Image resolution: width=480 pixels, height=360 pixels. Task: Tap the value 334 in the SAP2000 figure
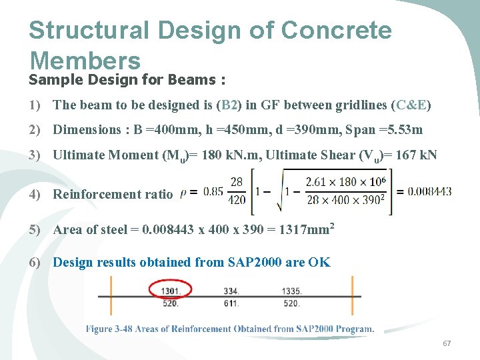(x=230, y=290)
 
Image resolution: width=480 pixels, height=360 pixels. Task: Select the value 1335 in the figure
(x=292, y=290)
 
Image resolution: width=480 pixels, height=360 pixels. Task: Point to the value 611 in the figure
(x=230, y=303)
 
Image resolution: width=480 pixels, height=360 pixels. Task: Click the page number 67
(x=447, y=343)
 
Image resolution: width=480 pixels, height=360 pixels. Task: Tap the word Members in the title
(x=85, y=60)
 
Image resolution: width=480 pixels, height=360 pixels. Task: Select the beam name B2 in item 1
(x=230, y=105)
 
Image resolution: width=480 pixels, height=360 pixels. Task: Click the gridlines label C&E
(x=411, y=105)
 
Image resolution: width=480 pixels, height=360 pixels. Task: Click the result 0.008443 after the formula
(x=430, y=191)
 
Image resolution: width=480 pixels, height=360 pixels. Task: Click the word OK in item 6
(x=319, y=262)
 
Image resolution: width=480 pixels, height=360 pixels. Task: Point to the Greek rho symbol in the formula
(x=184, y=192)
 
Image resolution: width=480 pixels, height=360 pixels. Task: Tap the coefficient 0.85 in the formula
(x=213, y=192)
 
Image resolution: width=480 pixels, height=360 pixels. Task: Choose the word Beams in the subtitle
(x=191, y=80)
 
